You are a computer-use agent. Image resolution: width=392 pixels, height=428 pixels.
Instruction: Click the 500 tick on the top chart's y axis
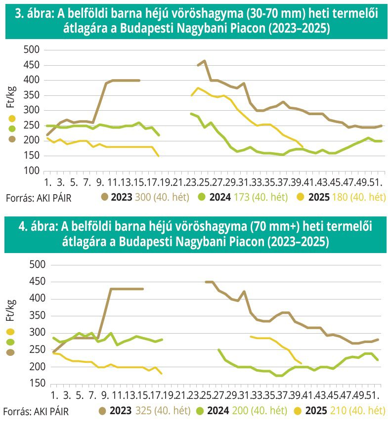[x=31, y=49]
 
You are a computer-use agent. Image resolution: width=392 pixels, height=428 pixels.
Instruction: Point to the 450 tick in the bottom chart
[x=31, y=282]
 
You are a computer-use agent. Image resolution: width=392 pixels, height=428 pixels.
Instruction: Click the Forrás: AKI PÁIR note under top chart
[x=37, y=198]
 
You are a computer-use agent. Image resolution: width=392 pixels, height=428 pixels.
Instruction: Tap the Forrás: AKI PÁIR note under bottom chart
[x=37, y=411]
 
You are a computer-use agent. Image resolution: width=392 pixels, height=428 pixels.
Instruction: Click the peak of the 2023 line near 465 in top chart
[x=204, y=61]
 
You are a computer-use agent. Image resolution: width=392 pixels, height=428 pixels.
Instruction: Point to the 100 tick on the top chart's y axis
[x=31, y=171]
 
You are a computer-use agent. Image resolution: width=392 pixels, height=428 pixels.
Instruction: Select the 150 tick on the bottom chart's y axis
[x=31, y=384]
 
